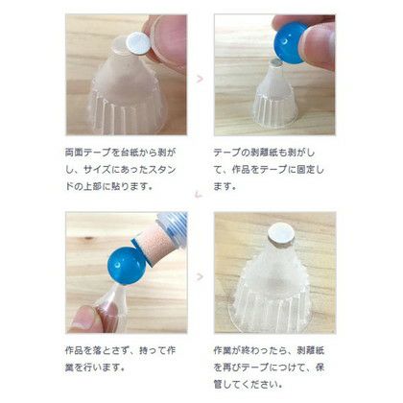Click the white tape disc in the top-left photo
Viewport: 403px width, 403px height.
138,44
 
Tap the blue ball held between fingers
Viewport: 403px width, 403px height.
291,42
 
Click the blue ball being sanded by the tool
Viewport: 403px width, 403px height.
126,265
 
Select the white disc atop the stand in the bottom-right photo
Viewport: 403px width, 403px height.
280,233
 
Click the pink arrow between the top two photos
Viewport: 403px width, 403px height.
200,79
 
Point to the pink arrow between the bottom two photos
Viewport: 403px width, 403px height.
200,276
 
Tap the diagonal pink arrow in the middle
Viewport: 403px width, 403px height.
199,194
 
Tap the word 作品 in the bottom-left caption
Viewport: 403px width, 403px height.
74,350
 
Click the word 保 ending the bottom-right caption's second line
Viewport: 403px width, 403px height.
320,367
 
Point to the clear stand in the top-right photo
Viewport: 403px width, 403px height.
275,95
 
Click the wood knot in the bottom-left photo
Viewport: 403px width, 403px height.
87,238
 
